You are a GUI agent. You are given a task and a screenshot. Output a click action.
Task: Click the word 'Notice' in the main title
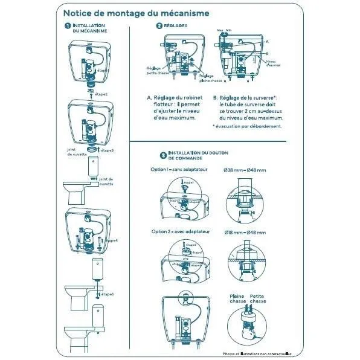80,12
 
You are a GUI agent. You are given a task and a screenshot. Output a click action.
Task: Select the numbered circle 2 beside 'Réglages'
158,25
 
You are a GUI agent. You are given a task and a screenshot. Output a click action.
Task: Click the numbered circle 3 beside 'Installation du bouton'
162,155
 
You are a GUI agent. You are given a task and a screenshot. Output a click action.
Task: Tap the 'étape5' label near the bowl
107,294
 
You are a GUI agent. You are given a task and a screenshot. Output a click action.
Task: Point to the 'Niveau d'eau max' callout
273,62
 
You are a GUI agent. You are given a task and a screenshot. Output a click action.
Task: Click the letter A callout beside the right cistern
266,41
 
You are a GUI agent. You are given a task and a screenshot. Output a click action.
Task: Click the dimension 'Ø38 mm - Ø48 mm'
244,170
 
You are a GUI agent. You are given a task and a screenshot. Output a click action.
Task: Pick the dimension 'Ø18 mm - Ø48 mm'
244,232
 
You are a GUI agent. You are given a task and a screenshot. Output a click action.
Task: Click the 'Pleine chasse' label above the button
237,298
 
